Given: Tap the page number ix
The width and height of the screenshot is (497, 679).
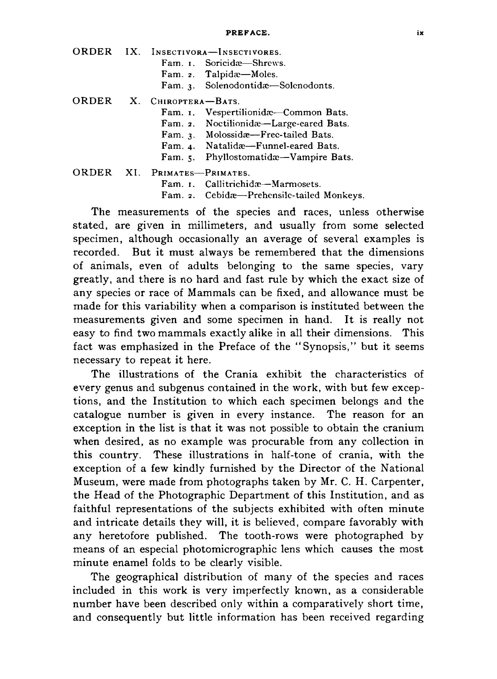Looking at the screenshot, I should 420,33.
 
